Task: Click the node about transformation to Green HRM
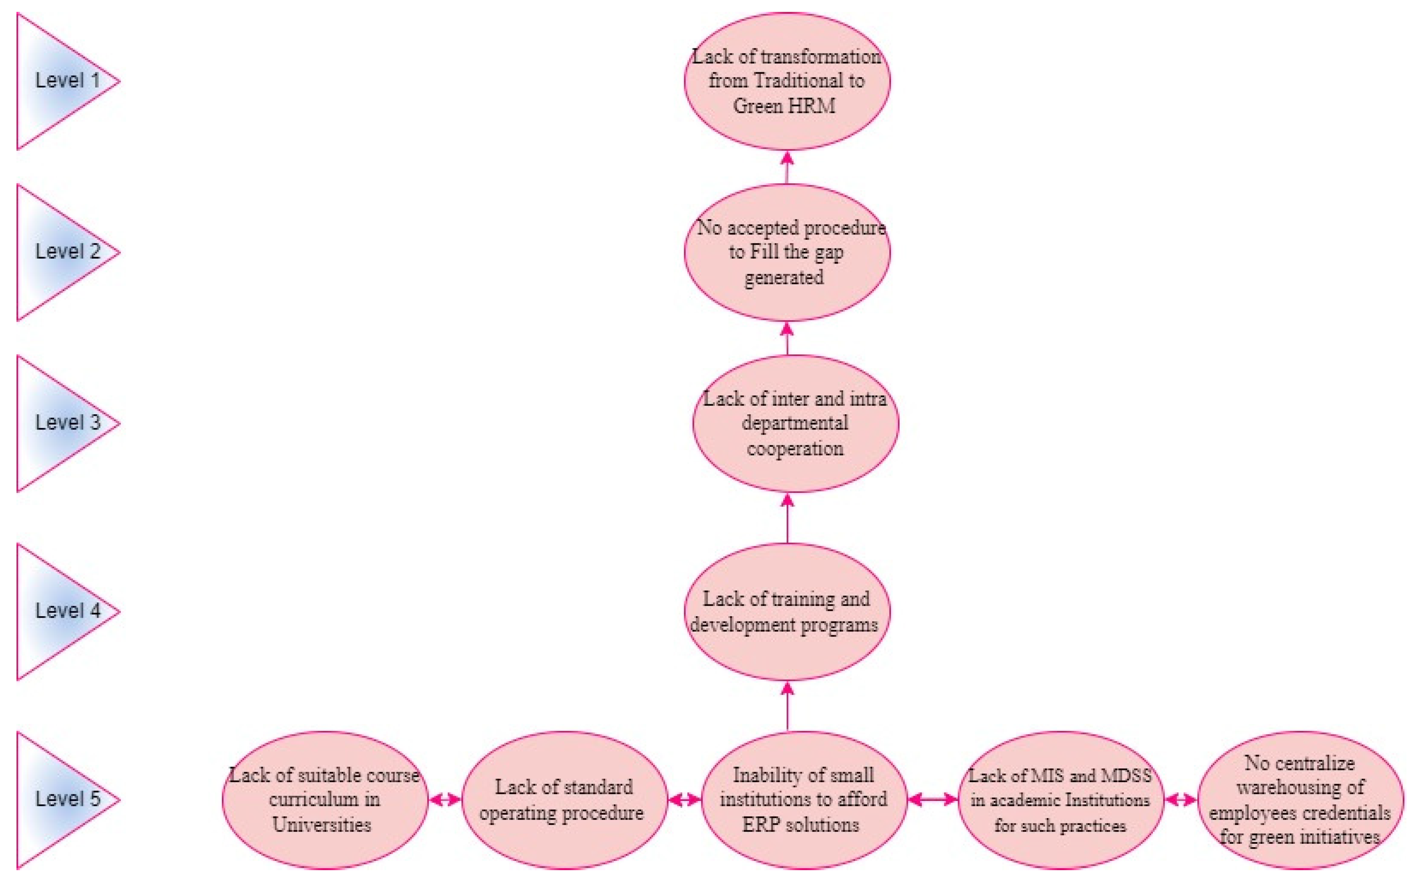(x=787, y=81)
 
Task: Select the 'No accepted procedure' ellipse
(x=787, y=252)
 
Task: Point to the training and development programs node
(x=787, y=611)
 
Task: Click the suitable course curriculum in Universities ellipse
(x=325, y=799)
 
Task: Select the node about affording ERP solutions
(x=803, y=799)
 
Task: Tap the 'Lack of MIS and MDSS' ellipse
(x=1060, y=799)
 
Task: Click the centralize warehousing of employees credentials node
(x=1300, y=799)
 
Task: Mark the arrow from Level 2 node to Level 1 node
(x=787, y=168)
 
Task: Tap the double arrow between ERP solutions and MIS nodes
(x=932, y=799)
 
